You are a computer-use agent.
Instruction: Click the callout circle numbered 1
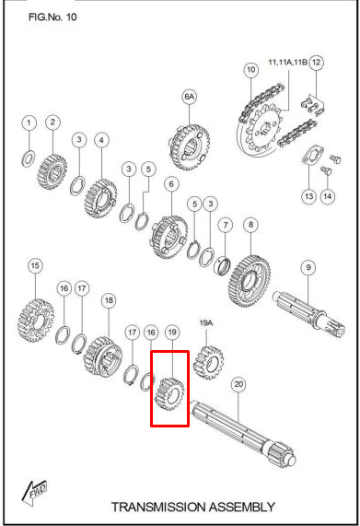pyautogui.click(x=29, y=123)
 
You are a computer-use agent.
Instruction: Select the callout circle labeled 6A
pyautogui.click(x=189, y=97)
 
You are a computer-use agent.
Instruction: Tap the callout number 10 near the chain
pyautogui.click(x=250, y=70)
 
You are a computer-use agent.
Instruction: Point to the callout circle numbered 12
pyautogui.click(x=316, y=63)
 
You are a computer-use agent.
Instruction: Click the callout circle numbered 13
pyautogui.click(x=308, y=196)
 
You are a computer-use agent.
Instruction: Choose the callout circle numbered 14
pyautogui.click(x=327, y=196)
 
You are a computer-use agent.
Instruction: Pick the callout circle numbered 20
pyautogui.click(x=238, y=384)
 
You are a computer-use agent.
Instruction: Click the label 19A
pyautogui.click(x=206, y=323)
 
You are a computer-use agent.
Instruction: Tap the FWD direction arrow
pyautogui.click(x=34, y=492)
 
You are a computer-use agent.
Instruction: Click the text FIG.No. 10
pyautogui.click(x=52, y=18)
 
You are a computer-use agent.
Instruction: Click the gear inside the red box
pyautogui.click(x=170, y=393)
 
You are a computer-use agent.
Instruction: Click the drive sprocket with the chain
pyautogui.click(x=263, y=127)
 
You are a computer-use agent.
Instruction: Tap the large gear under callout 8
pyautogui.click(x=249, y=281)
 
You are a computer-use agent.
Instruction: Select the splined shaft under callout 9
pyautogui.click(x=308, y=312)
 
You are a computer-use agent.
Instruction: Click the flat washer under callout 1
pyautogui.click(x=29, y=158)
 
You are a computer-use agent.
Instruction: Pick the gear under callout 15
pyautogui.click(x=36, y=321)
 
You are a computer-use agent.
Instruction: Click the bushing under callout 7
pyautogui.click(x=222, y=265)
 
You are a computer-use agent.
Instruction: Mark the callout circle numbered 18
pyautogui.click(x=109, y=300)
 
